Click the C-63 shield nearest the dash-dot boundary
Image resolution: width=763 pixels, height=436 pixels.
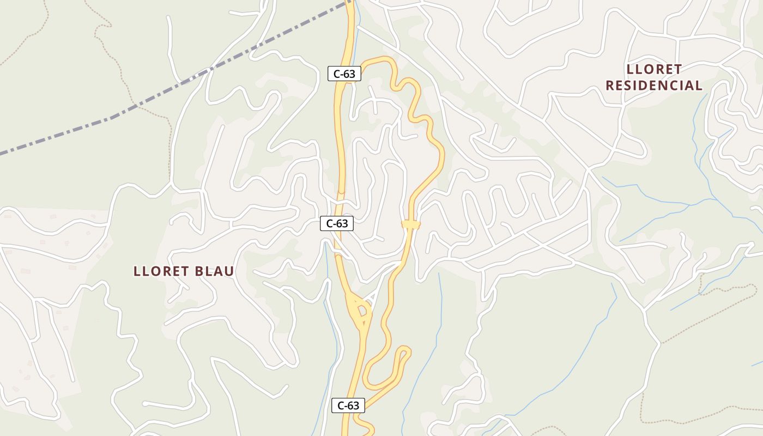point(344,74)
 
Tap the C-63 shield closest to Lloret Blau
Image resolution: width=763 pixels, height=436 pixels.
point(336,223)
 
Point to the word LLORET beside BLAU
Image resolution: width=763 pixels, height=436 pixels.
point(159,271)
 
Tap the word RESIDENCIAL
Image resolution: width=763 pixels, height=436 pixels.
point(654,86)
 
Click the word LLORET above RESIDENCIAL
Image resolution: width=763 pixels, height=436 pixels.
point(654,70)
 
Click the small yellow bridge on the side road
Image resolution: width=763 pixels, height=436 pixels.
point(410,224)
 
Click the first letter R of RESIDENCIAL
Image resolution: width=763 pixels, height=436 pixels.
point(610,86)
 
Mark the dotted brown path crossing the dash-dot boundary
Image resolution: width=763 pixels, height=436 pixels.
point(135,104)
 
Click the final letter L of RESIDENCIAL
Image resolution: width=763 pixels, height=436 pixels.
point(698,86)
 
